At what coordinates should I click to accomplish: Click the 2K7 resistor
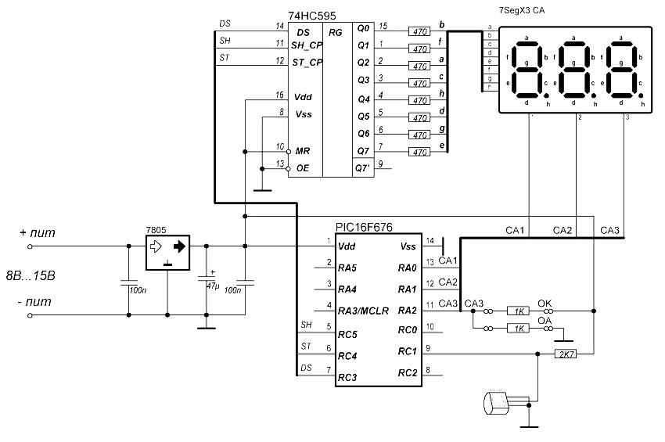pyautogui.click(x=566, y=354)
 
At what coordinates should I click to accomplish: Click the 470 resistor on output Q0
pyautogui.click(x=419, y=31)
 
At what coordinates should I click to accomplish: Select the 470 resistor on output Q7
pyautogui.click(x=419, y=151)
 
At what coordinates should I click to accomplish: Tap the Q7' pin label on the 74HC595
pyautogui.click(x=363, y=167)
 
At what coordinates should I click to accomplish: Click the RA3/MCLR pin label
pyautogui.click(x=365, y=310)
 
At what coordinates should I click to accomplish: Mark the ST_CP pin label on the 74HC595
pyautogui.click(x=308, y=63)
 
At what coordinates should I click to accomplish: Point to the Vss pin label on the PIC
pyautogui.click(x=409, y=247)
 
